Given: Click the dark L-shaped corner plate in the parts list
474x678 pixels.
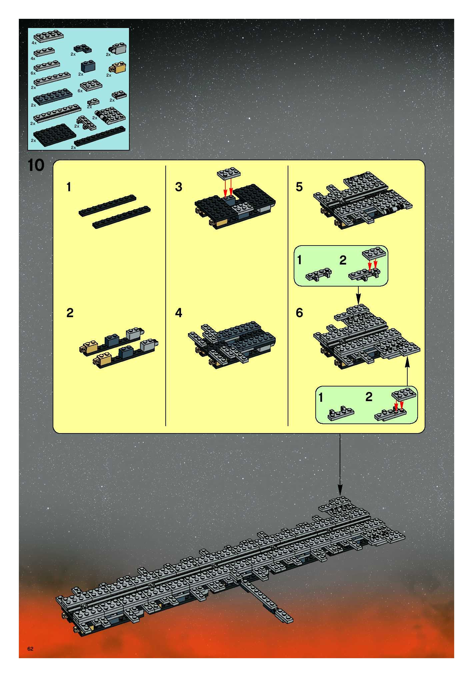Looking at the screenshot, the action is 82,48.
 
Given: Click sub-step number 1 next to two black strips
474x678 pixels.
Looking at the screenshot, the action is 69,187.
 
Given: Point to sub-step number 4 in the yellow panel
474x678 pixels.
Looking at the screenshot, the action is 178,313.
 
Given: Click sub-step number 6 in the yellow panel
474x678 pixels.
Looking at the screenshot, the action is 299,313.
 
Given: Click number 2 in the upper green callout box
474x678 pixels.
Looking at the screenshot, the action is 343,260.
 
